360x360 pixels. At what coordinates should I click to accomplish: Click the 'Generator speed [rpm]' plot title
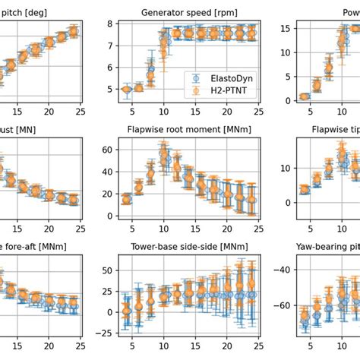click(x=182, y=12)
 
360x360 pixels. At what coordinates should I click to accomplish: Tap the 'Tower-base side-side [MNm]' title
click(x=182, y=247)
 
